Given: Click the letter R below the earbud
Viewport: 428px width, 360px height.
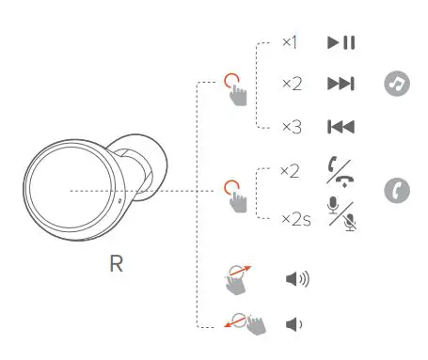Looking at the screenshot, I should click(x=115, y=264).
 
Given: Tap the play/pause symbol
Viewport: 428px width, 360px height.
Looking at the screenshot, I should click(x=341, y=43).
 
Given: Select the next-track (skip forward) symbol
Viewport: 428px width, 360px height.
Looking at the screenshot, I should click(x=341, y=85).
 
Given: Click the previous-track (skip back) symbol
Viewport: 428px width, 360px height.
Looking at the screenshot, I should click(x=341, y=127).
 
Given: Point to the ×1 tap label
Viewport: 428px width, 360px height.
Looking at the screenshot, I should click(x=290, y=43).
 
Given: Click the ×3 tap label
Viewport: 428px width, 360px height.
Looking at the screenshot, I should click(x=291, y=127).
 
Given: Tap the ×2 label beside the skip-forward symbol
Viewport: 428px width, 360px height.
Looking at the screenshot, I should click(x=291, y=85).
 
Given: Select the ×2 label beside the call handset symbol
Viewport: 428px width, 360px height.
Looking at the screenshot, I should click(x=291, y=171).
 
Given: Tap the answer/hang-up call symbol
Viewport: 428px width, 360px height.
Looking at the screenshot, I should click(x=341, y=171).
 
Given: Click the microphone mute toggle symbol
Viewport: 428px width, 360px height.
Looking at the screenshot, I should click(x=341, y=214).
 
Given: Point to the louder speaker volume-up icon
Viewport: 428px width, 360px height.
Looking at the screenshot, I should click(x=297, y=279).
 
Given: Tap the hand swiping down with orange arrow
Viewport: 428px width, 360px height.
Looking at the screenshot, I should click(x=248, y=324).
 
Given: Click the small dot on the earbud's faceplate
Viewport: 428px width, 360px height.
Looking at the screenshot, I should click(x=119, y=200).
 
